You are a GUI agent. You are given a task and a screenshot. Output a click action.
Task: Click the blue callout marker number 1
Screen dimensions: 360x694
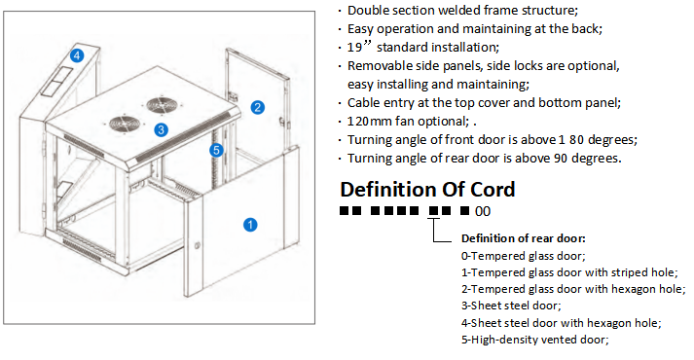(x=249, y=225)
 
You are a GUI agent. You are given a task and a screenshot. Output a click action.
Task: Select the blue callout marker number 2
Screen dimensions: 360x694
(x=258, y=107)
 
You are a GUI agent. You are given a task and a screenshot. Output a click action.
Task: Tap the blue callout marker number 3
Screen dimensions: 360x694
(x=162, y=128)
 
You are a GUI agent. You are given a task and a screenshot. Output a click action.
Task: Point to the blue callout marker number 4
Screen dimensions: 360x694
(x=87, y=55)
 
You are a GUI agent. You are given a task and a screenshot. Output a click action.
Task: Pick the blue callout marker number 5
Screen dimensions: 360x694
(x=217, y=150)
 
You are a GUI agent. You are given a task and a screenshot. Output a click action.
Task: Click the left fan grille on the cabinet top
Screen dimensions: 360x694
(x=125, y=123)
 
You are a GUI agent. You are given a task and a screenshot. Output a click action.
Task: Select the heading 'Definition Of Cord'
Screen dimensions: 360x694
(x=427, y=189)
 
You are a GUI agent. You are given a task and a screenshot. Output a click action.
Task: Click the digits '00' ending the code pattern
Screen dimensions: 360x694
(x=483, y=211)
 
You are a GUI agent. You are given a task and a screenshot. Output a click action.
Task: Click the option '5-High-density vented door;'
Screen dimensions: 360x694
(x=535, y=339)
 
